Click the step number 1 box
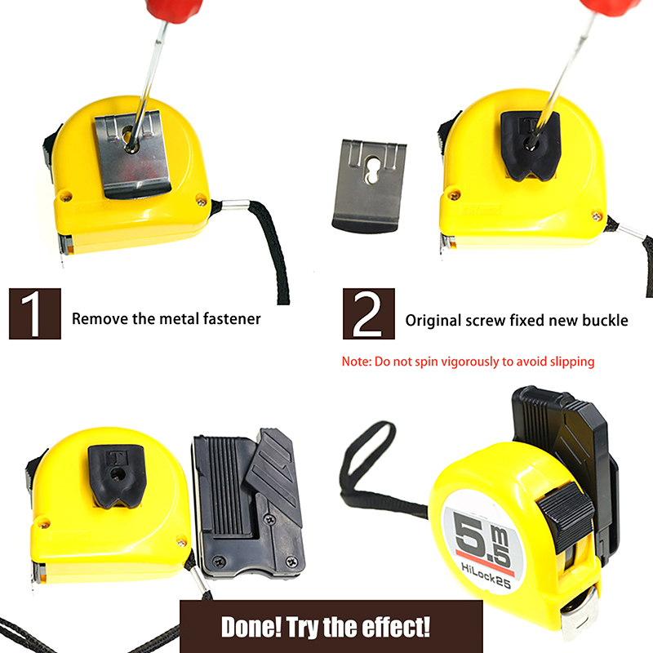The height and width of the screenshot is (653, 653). click(x=35, y=313)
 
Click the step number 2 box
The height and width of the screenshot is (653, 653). click(x=369, y=313)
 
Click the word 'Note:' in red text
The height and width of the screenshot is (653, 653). click(x=356, y=362)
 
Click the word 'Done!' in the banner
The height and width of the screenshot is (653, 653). click(x=251, y=627)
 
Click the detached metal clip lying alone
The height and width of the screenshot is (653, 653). click(x=369, y=185)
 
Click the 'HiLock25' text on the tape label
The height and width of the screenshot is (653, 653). click(x=486, y=575)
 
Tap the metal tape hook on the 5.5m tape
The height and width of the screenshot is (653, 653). click(x=579, y=615)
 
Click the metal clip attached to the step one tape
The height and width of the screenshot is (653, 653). click(x=132, y=154)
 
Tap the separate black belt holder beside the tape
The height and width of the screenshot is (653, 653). click(x=250, y=504)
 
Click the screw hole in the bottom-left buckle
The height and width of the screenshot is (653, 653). click(x=116, y=473)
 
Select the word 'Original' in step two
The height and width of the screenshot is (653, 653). click(x=433, y=321)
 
